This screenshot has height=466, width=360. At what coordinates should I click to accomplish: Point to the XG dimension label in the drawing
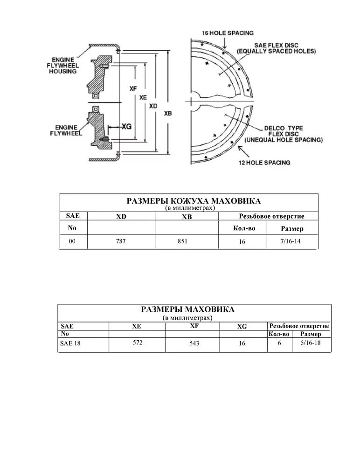(x=126, y=126)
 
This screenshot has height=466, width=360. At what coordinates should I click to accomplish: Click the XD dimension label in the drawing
(x=153, y=106)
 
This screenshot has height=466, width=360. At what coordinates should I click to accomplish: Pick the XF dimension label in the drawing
(x=133, y=87)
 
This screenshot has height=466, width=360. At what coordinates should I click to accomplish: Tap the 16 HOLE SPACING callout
(x=227, y=33)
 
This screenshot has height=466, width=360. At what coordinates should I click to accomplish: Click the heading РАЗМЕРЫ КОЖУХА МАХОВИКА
(x=194, y=201)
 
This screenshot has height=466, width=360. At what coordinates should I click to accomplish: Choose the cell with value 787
(x=121, y=241)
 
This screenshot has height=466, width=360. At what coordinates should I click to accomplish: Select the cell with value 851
(x=182, y=241)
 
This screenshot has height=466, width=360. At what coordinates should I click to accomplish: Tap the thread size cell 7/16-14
(x=292, y=241)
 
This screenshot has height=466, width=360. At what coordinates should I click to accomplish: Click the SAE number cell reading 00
(x=72, y=241)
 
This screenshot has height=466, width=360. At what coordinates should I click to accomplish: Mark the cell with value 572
(x=137, y=343)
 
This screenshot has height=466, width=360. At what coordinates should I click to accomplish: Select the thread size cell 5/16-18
(x=311, y=343)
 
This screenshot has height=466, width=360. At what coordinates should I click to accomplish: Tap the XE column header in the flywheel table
(x=137, y=327)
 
